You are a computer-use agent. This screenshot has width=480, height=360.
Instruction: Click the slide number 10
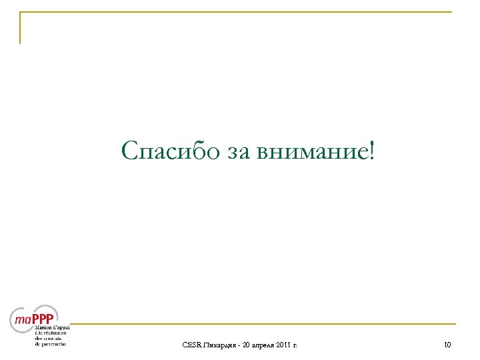pos(447,345)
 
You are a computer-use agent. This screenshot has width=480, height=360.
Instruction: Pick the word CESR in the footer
pos(191,345)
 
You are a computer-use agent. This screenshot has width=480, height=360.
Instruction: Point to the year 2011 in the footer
pos(285,345)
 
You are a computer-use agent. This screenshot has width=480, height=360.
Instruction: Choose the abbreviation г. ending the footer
pos(296,345)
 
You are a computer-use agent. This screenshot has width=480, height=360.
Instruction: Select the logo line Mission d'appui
pos(52,328)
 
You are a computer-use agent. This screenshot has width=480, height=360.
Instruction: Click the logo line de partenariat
pos(50,344)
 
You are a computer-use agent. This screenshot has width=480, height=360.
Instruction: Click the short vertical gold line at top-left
pos(20,28)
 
